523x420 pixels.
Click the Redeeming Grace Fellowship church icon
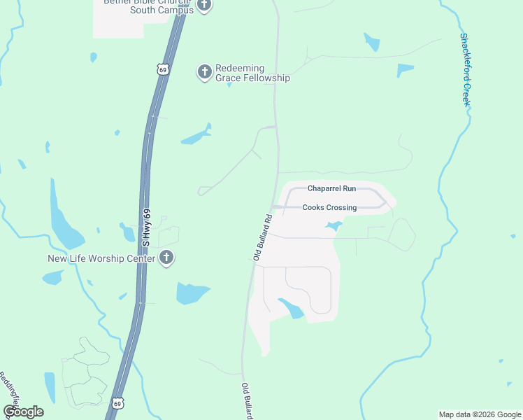tap(204, 72)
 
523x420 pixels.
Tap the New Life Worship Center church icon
tap(166, 258)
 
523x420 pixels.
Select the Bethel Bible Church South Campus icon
tap(204, 6)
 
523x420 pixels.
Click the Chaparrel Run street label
tap(331, 189)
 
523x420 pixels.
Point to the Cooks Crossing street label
tap(329, 208)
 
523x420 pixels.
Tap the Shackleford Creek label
tap(466, 69)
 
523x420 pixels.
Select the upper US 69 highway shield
tap(163, 69)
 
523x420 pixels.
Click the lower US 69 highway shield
tap(117, 403)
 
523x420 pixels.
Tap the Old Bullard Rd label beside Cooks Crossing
tap(262, 237)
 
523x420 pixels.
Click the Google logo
tap(23, 412)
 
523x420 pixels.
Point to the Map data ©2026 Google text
tap(479, 414)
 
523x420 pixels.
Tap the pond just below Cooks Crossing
tap(333, 226)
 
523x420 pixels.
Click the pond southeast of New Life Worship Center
tap(192, 293)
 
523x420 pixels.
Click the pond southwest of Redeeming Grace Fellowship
tap(196, 135)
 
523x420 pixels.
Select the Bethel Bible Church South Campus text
tap(148, 6)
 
